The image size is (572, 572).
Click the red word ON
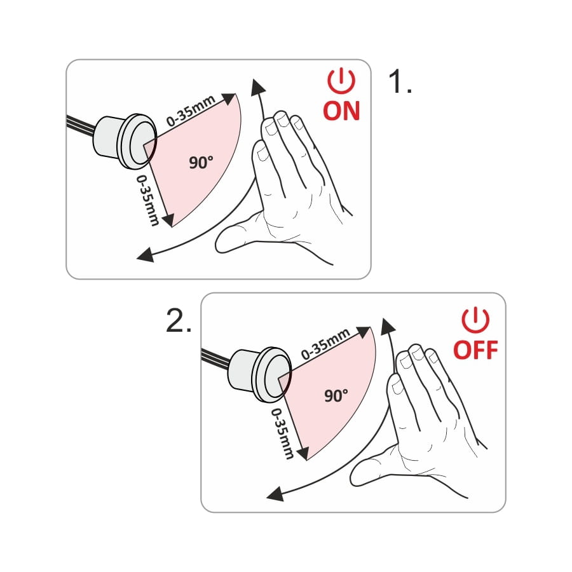[341, 111]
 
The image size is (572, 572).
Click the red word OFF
[475, 350]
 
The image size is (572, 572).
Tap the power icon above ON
[341, 80]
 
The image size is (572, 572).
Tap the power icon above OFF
[475, 320]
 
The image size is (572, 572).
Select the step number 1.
[400, 82]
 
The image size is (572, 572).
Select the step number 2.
[179, 320]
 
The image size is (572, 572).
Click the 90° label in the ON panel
[201, 162]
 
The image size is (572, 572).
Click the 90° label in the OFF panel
[336, 395]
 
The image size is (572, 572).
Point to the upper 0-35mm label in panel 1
[191, 111]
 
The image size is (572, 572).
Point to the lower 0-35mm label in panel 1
[148, 200]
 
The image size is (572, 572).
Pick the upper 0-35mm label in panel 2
[325, 344]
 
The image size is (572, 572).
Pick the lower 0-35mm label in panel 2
[283, 433]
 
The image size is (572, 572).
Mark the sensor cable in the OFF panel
[217, 358]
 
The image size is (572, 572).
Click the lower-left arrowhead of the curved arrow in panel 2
[275, 494]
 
